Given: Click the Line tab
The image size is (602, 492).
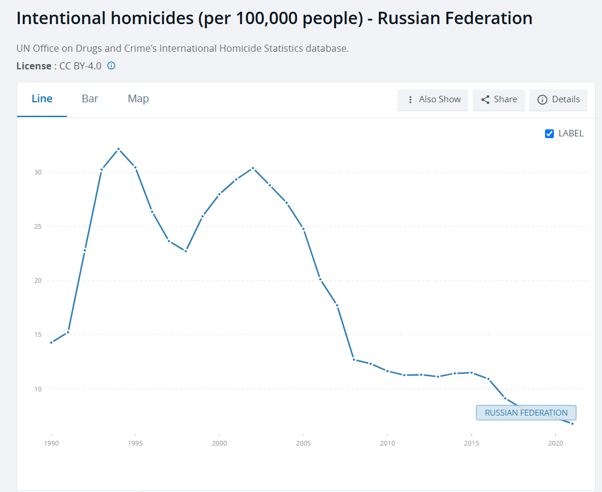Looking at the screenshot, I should pyautogui.click(x=42, y=99).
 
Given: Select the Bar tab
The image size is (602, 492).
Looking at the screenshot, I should pyautogui.click(x=90, y=99).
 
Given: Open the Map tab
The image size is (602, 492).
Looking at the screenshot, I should pyautogui.click(x=138, y=99).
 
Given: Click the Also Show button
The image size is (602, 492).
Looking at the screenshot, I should pyautogui.click(x=433, y=99).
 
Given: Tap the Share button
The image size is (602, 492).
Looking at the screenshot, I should pyautogui.click(x=499, y=99).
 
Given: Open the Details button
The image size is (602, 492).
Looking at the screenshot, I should pyautogui.click(x=559, y=99).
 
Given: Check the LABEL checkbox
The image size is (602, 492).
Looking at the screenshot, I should pyautogui.click(x=550, y=133).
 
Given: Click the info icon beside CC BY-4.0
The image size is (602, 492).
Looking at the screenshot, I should pyautogui.click(x=111, y=66).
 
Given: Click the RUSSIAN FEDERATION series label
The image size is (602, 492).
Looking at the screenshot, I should pyautogui.click(x=526, y=413).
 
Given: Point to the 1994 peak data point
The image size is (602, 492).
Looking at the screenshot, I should pyautogui.click(x=119, y=149).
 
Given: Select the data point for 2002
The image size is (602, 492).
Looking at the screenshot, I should pyautogui.click(x=253, y=168).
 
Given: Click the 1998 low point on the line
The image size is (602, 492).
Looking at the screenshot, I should pyautogui.click(x=186, y=251).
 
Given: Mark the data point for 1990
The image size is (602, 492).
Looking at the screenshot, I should pyautogui.click(x=52, y=342).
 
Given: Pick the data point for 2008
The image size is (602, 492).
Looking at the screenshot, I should pyautogui.click(x=354, y=359).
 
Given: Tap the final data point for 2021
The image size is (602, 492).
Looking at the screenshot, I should pyautogui.click(x=572, y=423).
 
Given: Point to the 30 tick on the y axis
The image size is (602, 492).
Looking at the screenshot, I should pyautogui.click(x=38, y=172).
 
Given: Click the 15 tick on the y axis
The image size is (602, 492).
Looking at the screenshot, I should pyautogui.click(x=38, y=334).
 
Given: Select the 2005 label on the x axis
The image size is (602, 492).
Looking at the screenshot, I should pyautogui.click(x=303, y=443).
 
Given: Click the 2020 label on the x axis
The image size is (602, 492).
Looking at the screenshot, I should pyautogui.click(x=555, y=443).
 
